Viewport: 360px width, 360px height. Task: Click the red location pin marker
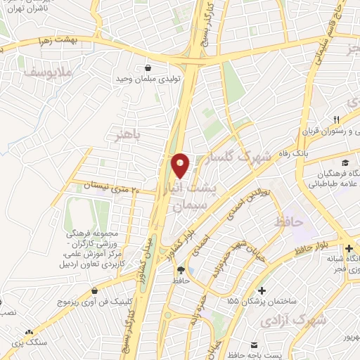pyautogui.click(x=180, y=165)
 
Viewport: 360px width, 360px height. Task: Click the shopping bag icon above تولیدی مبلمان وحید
pyautogui.click(x=148, y=68)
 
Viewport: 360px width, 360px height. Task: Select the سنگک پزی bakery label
pyautogui.click(x=28, y=343)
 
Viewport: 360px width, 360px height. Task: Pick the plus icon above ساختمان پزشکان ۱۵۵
pyautogui.click(x=262, y=290)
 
